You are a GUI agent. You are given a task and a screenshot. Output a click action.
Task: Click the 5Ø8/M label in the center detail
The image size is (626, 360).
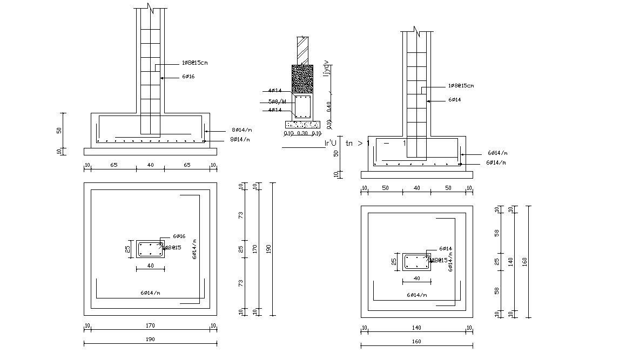point(277,101)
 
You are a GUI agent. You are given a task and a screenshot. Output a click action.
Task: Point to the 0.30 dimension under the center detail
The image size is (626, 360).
point(302,133)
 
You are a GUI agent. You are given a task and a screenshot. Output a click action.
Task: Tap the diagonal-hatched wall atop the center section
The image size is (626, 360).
point(302,51)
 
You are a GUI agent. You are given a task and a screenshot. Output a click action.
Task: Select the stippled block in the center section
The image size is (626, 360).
point(302,80)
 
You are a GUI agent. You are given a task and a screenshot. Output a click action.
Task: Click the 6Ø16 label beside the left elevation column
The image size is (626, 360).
point(188,77)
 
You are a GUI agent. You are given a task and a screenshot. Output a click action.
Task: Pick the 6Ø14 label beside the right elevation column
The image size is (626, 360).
point(454,100)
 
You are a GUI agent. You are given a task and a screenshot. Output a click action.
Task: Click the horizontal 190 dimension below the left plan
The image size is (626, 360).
point(150,339)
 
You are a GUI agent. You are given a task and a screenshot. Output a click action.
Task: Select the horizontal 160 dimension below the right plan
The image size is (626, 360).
point(416,341)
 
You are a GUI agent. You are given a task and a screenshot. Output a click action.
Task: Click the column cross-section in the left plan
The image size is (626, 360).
point(150,249)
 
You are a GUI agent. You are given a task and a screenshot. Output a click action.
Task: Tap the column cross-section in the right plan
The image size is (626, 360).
point(416,262)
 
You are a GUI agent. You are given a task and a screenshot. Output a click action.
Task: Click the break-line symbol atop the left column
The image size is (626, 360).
point(150,9)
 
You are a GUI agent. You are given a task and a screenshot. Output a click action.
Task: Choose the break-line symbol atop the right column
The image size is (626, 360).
point(416,31)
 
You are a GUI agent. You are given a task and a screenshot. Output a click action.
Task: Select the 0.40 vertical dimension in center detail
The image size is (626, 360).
point(329,106)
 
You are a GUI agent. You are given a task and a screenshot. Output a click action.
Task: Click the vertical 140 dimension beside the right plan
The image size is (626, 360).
point(509,262)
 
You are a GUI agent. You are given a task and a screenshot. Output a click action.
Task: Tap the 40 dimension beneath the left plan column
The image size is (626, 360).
point(150,266)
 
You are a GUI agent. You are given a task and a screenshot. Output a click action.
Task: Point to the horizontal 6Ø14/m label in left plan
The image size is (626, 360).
point(150,293)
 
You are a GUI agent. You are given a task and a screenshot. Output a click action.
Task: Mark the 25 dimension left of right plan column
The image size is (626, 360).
point(394,262)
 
